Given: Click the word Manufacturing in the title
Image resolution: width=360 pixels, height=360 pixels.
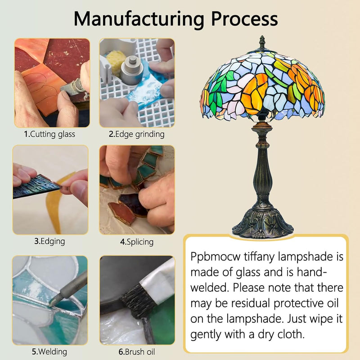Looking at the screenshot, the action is point(139,19).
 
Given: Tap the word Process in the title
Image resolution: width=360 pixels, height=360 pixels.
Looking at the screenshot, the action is point(244,18).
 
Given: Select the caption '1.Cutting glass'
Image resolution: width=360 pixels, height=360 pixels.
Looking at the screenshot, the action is point(49,134).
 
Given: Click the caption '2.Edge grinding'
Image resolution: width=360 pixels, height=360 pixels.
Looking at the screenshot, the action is point(137,134).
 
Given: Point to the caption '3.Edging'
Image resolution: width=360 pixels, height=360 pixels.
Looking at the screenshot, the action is point(49,242).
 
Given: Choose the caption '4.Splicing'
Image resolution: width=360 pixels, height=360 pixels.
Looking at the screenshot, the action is point(137,242).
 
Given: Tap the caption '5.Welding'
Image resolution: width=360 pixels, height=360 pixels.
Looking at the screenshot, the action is point(49,352).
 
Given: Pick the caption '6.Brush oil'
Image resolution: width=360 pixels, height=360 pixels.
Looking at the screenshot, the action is point(137,352).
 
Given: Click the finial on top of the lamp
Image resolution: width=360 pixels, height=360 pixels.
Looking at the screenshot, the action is point(262,42).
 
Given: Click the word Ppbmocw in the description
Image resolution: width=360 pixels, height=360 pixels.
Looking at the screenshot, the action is point(216,256).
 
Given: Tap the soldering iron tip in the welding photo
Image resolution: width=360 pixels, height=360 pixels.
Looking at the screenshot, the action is point(52,303).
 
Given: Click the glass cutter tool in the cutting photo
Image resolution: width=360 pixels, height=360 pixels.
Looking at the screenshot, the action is point(72,88).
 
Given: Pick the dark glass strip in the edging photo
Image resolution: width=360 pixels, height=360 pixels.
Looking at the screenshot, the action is point(36,186).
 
